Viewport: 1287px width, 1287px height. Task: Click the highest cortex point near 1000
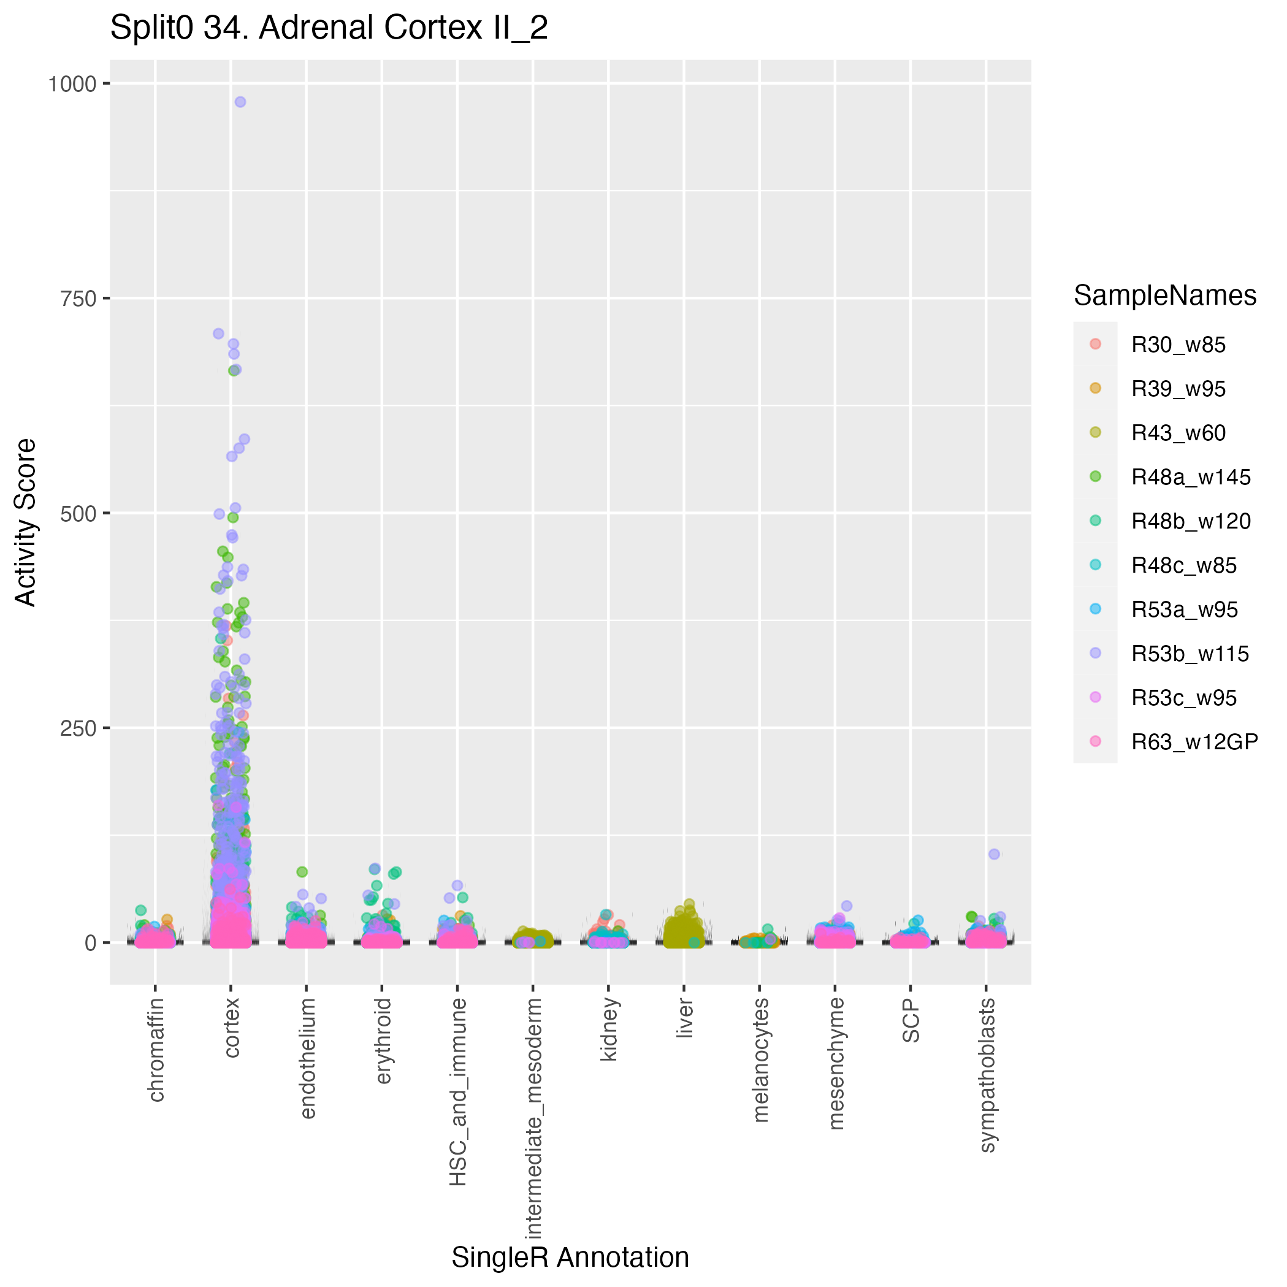pyautogui.click(x=240, y=102)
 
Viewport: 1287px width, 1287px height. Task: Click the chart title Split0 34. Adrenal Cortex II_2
pyautogui.click(x=329, y=28)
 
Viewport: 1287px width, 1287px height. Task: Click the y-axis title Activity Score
pyautogui.click(x=25, y=522)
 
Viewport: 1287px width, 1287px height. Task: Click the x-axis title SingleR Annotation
pyautogui.click(x=570, y=1258)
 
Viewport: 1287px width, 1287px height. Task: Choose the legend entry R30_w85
pyautogui.click(x=1178, y=345)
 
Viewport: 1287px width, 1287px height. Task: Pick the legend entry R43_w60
pyautogui.click(x=1178, y=433)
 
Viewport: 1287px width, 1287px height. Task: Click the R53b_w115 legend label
pyautogui.click(x=1190, y=654)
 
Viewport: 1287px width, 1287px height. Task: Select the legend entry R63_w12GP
pyautogui.click(x=1194, y=742)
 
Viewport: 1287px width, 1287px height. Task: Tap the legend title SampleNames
pyautogui.click(x=1164, y=296)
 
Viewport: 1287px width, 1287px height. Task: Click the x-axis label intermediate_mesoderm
pyautogui.click(x=533, y=1119)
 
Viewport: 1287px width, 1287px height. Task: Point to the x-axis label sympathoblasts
pyautogui.click(x=987, y=1074)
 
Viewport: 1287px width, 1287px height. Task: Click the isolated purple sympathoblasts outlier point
pyautogui.click(x=994, y=854)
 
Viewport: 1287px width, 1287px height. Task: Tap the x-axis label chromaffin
pyautogui.click(x=155, y=1050)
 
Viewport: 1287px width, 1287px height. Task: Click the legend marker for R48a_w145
pyautogui.click(x=1095, y=476)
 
